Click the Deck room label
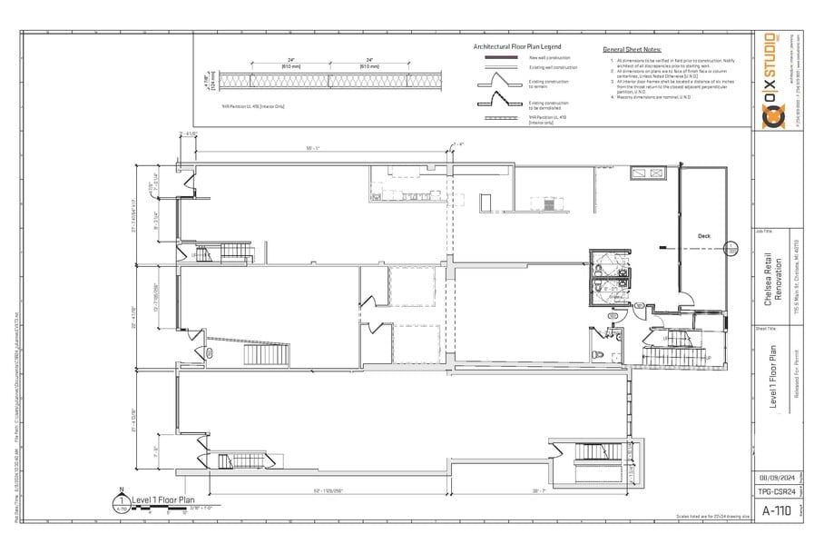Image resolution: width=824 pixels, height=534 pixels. [704, 236]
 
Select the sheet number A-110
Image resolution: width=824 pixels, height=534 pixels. [774, 509]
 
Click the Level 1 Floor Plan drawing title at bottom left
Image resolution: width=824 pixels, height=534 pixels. [163, 499]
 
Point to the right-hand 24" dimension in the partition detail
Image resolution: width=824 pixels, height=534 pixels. [369, 60]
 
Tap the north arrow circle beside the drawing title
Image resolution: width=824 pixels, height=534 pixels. [121, 499]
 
